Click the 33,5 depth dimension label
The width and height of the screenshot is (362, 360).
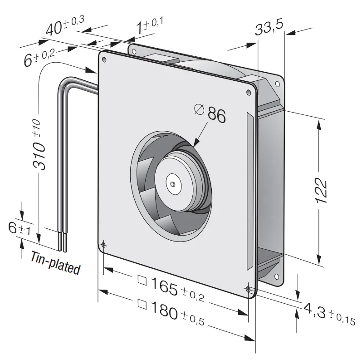(x=269, y=28)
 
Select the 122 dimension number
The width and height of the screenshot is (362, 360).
(x=321, y=190)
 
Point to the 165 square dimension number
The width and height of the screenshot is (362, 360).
(x=164, y=286)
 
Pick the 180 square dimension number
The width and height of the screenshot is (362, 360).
(x=164, y=311)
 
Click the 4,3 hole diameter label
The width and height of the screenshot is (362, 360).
(x=314, y=311)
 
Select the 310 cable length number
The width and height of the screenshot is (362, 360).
(x=39, y=156)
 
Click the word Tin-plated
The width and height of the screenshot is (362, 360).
(x=55, y=263)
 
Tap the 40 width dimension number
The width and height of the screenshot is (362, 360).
(x=54, y=29)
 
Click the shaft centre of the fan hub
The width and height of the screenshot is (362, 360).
(x=172, y=184)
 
